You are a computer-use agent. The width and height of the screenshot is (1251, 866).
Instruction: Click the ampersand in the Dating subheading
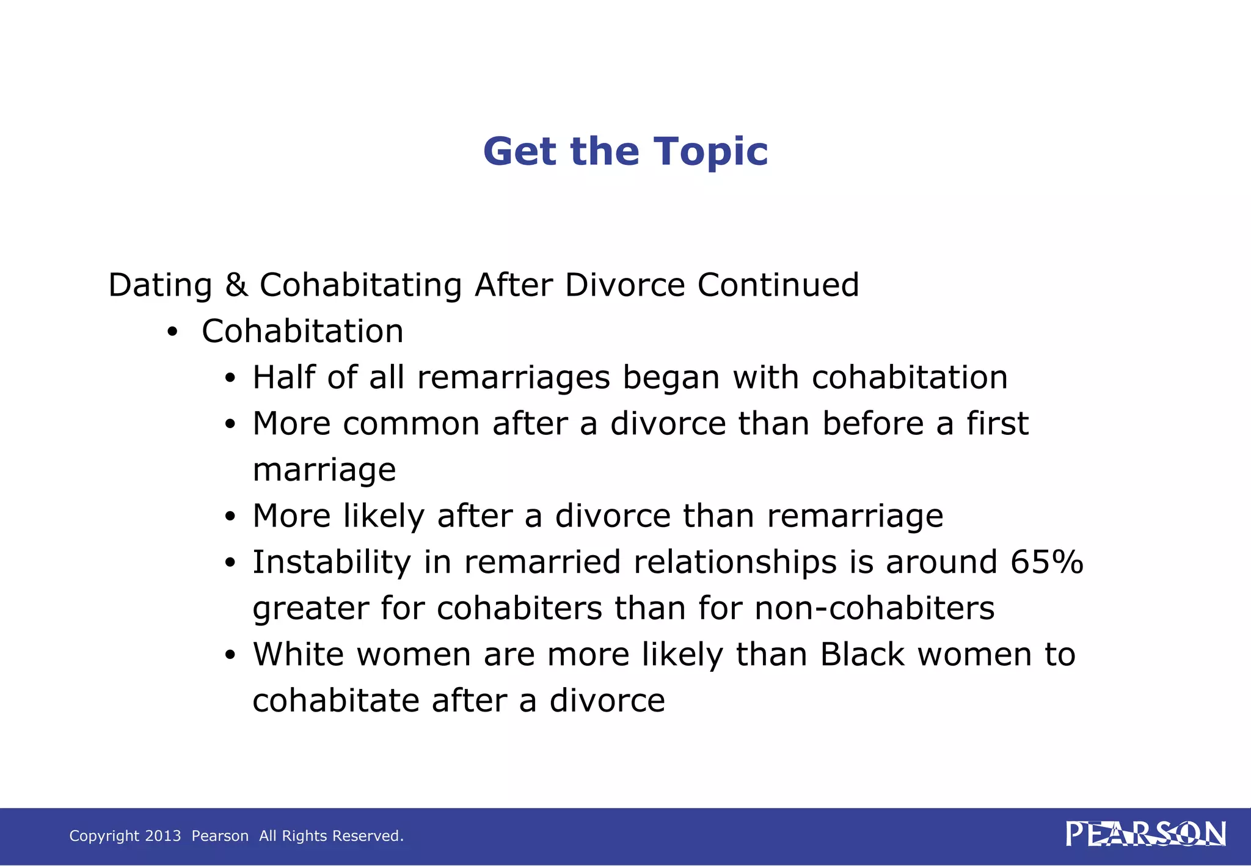click(x=236, y=285)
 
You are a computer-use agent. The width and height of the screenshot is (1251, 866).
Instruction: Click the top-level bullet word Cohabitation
click(x=302, y=332)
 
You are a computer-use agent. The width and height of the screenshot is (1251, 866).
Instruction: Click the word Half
click(x=283, y=377)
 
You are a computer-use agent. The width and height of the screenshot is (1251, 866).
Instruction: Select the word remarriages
click(x=513, y=377)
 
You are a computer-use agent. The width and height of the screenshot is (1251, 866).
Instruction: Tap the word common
click(x=411, y=424)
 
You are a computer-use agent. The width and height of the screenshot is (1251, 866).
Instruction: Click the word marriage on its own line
click(x=324, y=470)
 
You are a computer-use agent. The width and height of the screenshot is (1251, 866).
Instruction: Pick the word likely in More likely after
click(x=383, y=516)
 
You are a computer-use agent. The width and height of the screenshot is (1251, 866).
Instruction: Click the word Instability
click(x=332, y=562)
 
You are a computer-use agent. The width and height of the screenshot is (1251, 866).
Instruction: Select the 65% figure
click(x=1046, y=562)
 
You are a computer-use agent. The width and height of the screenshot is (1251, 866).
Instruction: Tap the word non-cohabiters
click(x=874, y=608)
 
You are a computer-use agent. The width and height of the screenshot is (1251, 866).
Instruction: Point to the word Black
click(x=862, y=655)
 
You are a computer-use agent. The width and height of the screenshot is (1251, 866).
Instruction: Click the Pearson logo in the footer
click(x=1145, y=834)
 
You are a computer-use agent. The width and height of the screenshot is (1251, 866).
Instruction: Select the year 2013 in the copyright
click(x=163, y=836)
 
